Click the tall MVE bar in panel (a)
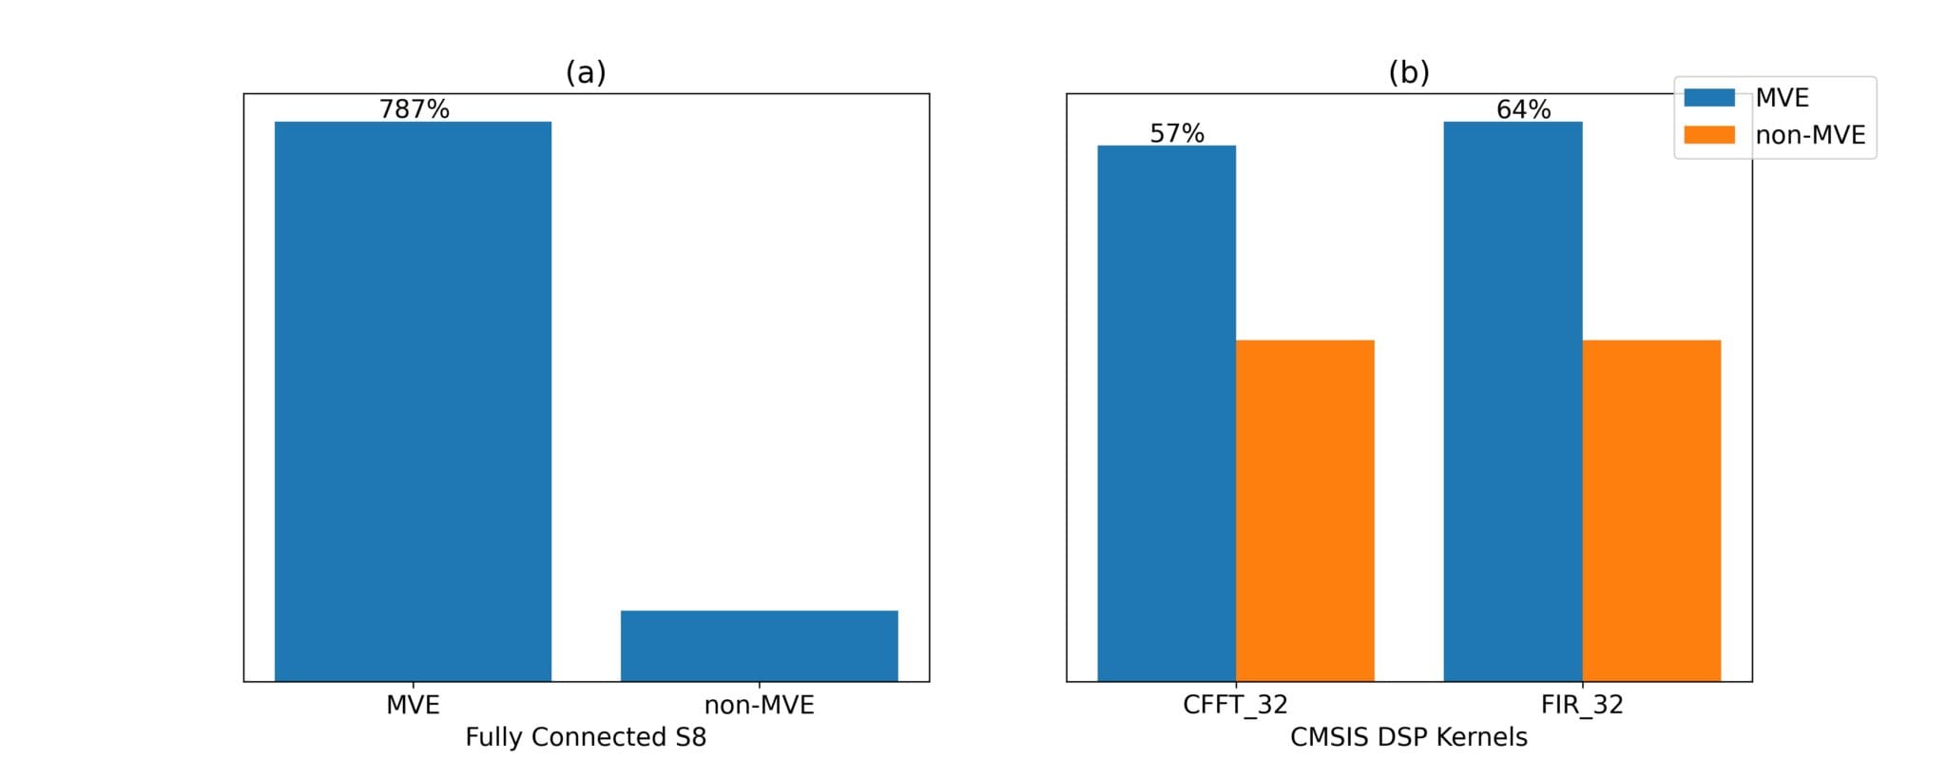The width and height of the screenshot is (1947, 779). [x=413, y=400]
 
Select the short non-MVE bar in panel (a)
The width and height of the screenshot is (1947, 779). [x=759, y=646]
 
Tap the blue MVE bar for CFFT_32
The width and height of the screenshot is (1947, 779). [x=1166, y=413]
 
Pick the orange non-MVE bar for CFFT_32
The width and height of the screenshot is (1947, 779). [x=1304, y=510]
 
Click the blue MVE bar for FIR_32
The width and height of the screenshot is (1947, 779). [x=1513, y=400]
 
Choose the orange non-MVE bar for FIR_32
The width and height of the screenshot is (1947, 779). [x=1651, y=510]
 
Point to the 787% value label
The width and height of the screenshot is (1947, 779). [x=414, y=109]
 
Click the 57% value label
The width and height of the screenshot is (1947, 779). [x=1177, y=133]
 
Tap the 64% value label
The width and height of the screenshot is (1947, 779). [x=1523, y=109]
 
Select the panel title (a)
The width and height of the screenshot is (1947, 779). [x=586, y=72]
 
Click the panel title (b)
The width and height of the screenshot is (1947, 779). [x=1409, y=72]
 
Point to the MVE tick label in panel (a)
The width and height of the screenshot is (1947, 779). [x=413, y=705]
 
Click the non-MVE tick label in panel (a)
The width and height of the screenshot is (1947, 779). [x=759, y=705]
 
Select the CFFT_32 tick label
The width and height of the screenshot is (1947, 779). [x=1235, y=705]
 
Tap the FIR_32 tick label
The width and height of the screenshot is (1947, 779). [x=1582, y=705]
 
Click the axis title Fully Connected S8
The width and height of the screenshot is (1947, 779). [x=586, y=737]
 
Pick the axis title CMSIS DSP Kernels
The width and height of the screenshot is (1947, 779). [x=1409, y=737]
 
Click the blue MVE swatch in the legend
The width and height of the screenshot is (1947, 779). [x=1708, y=97]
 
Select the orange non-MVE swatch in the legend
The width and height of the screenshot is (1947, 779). [x=1708, y=135]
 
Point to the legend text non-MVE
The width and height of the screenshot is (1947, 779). [x=1810, y=135]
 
